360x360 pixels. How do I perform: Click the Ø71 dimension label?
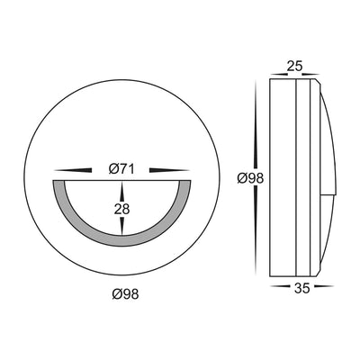[121, 170]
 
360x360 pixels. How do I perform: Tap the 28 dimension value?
[121, 209]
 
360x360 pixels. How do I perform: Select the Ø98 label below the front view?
[126, 294]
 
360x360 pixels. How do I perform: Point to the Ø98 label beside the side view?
[250, 179]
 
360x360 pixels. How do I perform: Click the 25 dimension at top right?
[294, 67]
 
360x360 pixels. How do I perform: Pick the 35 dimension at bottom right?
[301, 289]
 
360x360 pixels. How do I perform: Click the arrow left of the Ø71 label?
[73, 170]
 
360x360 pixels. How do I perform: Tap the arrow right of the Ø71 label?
[169, 170]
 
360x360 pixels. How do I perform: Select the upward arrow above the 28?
[121, 192]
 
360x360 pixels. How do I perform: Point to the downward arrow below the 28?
[121, 226]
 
